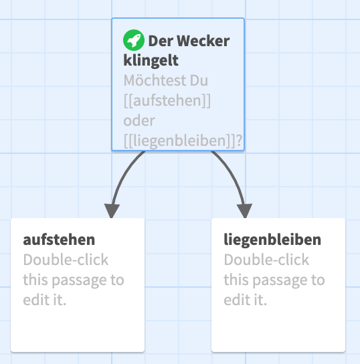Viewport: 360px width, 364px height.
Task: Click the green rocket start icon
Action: click(x=134, y=40)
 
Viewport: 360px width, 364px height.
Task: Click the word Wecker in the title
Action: click(x=203, y=41)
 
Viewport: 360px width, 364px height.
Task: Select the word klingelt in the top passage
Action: click(x=151, y=61)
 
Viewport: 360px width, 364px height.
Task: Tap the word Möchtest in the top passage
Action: click(x=154, y=80)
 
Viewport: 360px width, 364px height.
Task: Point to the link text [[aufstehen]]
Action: click(x=167, y=101)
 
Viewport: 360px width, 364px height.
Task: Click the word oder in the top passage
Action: click(x=139, y=120)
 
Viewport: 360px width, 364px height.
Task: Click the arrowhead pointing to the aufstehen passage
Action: click(x=112, y=211)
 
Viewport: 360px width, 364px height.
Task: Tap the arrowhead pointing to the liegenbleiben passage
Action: click(x=245, y=211)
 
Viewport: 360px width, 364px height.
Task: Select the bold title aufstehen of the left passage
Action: click(x=59, y=240)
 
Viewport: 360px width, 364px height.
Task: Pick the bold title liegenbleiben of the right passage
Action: click(x=272, y=240)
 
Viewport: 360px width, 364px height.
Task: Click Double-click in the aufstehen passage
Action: click(x=66, y=260)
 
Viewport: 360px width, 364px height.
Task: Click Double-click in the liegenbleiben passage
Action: click(x=266, y=260)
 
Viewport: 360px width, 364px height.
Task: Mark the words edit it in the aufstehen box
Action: click(x=45, y=300)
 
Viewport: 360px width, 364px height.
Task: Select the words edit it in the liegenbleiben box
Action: click(x=245, y=300)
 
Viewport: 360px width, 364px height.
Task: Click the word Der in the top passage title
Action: click(x=161, y=41)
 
